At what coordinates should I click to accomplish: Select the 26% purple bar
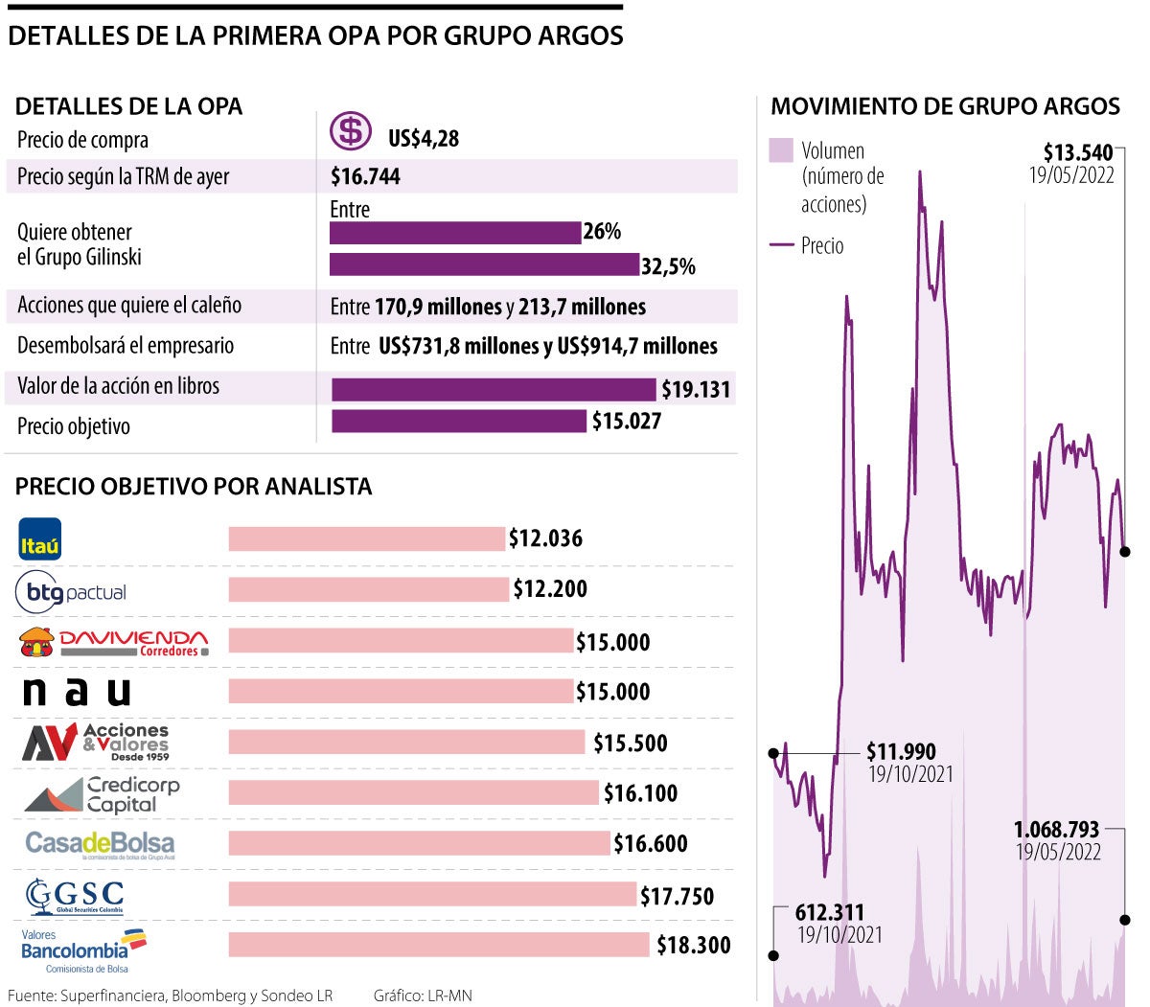click(455, 233)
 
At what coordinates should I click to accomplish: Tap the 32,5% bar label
click(668, 266)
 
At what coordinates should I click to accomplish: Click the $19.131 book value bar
click(494, 389)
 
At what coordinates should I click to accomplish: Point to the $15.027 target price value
click(627, 421)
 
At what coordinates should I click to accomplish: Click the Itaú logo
click(40, 538)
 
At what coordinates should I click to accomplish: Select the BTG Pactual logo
click(71, 592)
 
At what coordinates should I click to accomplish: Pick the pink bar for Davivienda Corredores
click(401, 641)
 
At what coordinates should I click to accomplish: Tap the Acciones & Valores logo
click(96, 743)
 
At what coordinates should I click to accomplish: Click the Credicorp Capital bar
click(413, 792)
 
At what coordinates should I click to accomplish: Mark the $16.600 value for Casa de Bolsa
click(650, 843)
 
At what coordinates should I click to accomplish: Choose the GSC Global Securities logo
click(75, 897)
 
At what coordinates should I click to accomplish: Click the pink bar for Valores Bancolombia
click(439, 945)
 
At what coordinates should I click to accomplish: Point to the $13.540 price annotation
click(1078, 152)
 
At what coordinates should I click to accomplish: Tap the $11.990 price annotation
click(901, 751)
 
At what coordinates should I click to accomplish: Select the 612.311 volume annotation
click(830, 912)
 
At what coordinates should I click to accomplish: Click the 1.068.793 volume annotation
click(1056, 829)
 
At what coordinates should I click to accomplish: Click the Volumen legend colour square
click(781, 150)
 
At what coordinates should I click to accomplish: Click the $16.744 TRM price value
click(365, 176)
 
